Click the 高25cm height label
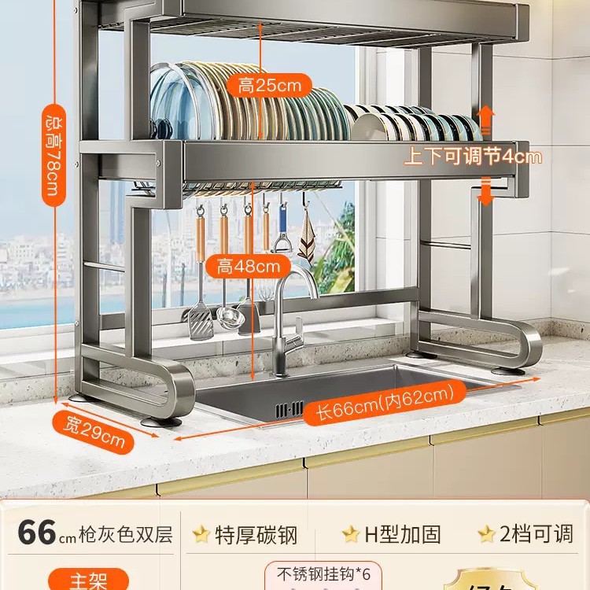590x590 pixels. coord(269,84)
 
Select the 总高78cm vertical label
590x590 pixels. coord(53,156)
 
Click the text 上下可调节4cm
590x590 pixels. coord(473,157)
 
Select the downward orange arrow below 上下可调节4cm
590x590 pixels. coord(486,191)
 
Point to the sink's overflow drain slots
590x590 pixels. coord(289,408)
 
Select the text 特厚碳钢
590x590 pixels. coord(256,535)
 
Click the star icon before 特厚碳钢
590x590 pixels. coord(201,535)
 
